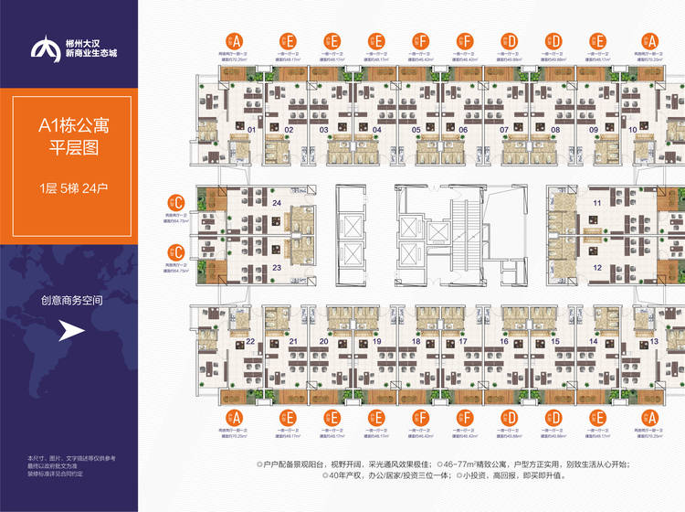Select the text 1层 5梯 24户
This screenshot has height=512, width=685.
(68, 189)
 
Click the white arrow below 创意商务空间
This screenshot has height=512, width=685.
(72, 332)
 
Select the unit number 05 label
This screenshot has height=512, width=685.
(416, 130)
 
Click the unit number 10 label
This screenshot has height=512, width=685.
(634, 130)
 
